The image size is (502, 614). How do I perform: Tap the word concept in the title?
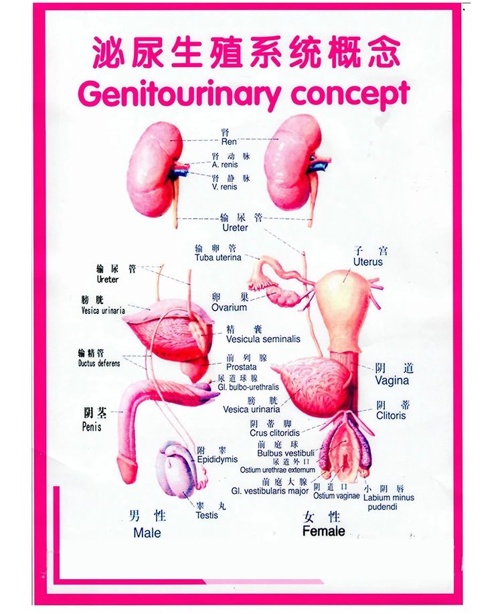point(349,94)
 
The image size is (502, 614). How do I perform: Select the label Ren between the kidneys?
point(229,142)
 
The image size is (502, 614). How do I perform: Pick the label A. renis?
point(225,165)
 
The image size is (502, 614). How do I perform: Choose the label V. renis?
point(225,187)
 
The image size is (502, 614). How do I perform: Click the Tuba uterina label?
point(218,258)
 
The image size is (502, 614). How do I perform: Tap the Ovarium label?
point(229,308)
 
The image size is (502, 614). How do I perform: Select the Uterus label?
point(368,262)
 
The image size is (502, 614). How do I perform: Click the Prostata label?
point(241,367)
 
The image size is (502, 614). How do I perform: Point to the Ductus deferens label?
point(99,364)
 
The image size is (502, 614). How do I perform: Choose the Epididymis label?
point(218,460)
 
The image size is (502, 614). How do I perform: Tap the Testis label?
point(207,516)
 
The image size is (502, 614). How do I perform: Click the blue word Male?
point(147,534)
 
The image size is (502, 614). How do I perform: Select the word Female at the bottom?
point(324,532)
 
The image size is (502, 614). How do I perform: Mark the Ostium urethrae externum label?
point(277,470)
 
